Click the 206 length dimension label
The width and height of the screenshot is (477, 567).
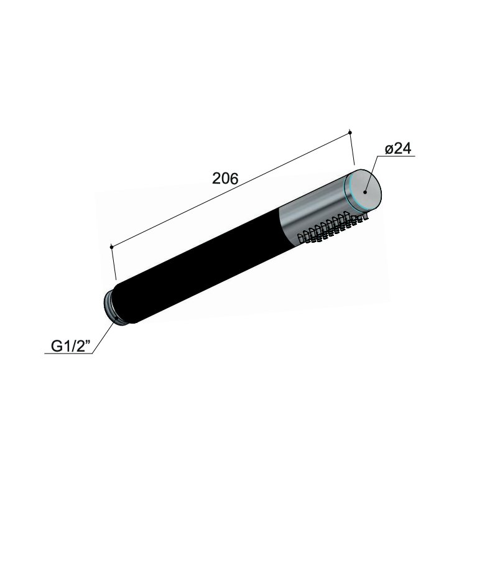(x=225, y=179)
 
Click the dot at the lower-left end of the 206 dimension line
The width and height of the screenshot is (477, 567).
(x=111, y=247)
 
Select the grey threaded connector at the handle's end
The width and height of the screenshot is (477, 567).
(x=112, y=307)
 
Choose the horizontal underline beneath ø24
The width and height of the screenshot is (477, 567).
(x=398, y=158)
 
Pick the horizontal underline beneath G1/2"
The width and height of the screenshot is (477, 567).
(x=68, y=354)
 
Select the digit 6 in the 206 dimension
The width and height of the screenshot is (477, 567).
(x=234, y=179)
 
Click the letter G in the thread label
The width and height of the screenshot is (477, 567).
(x=55, y=346)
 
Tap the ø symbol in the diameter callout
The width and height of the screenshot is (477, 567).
(x=389, y=150)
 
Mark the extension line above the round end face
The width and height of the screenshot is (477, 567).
(x=353, y=149)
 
